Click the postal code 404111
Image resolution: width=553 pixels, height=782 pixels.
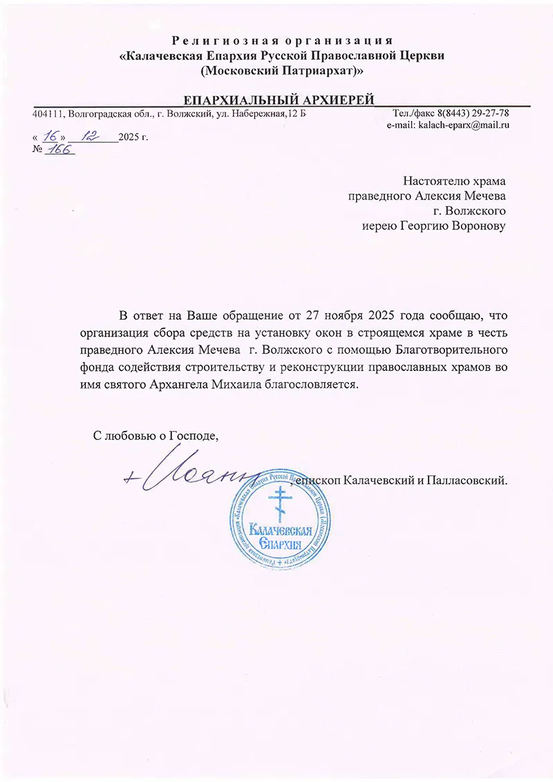(x=45, y=113)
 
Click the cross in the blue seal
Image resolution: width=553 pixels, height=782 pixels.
(x=279, y=503)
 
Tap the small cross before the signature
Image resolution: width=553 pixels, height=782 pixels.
(x=130, y=477)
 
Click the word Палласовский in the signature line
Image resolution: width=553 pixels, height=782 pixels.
(x=471, y=478)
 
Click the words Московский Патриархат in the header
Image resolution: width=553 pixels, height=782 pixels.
(x=279, y=70)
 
